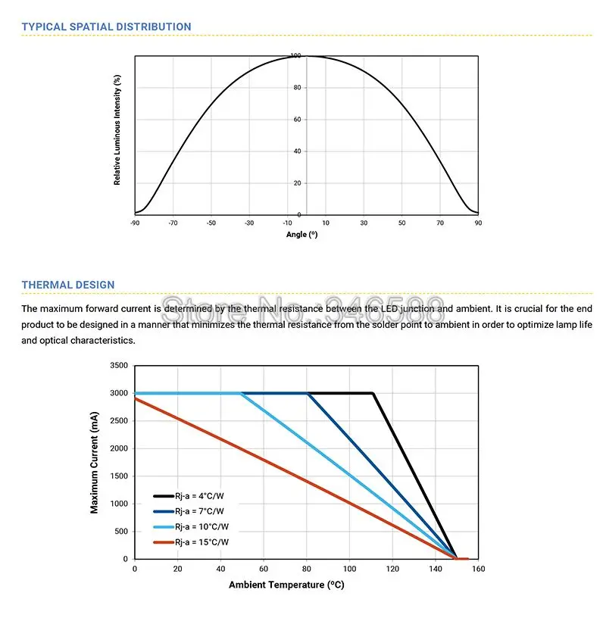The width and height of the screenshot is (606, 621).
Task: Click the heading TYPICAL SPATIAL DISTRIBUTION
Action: coord(106,27)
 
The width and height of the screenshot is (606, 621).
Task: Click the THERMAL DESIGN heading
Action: coord(68,286)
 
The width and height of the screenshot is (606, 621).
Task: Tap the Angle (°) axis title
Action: coord(301,235)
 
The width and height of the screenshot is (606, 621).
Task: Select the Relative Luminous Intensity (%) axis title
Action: coord(117,130)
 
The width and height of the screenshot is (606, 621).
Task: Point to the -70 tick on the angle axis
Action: coord(173,223)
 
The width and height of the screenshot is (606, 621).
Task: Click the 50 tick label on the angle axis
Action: coord(402,223)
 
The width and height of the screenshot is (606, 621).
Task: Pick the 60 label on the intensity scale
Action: coord(297,120)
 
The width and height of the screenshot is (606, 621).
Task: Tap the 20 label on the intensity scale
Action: coord(297,183)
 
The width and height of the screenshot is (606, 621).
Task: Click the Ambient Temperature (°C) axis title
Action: coord(287,585)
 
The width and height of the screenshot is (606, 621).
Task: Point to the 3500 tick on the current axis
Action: coord(119,366)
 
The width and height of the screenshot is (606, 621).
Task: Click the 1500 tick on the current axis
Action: coord(119,476)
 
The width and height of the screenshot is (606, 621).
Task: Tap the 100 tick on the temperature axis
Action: coord(350,569)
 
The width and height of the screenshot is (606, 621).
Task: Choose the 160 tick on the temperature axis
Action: coord(479,569)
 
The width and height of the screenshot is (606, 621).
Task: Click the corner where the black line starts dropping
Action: coord(373,393)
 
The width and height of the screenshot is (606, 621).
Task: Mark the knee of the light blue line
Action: coord(242,393)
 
